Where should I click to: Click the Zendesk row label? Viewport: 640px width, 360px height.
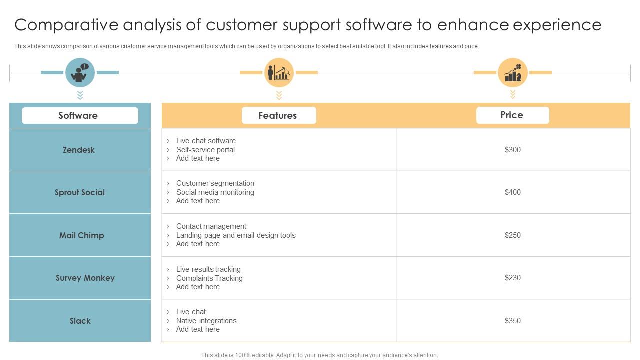pyautogui.click(x=79, y=150)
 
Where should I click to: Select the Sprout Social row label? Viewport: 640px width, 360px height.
pyautogui.click(x=80, y=192)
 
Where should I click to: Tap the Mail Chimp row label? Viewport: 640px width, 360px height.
pyautogui.click(x=82, y=235)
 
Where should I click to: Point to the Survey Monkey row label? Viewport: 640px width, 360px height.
pyautogui.click(x=85, y=278)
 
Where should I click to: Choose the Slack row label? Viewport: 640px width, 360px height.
pyautogui.click(x=80, y=321)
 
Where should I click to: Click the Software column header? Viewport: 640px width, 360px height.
pyautogui.click(x=78, y=115)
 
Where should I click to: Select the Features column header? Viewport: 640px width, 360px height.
pyautogui.click(x=278, y=115)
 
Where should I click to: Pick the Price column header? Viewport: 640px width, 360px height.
pyautogui.click(x=512, y=115)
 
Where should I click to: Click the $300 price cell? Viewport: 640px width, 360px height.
pyautogui.click(x=513, y=150)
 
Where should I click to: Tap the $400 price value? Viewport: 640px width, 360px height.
pyautogui.click(x=513, y=192)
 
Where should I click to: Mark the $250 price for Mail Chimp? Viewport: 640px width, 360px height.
pyautogui.click(x=513, y=235)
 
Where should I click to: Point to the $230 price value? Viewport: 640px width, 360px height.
pyautogui.click(x=513, y=278)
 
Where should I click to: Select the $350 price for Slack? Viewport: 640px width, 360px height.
pyautogui.click(x=513, y=321)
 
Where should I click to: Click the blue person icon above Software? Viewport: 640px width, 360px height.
pyautogui.click(x=80, y=73)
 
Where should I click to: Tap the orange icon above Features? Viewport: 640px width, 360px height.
pyautogui.click(x=279, y=73)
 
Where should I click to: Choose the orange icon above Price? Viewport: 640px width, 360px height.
pyautogui.click(x=513, y=73)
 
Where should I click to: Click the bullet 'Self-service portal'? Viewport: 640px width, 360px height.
pyautogui.click(x=205, y=150)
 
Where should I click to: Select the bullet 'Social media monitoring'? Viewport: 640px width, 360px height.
pyautogui.click(x=215, y=192)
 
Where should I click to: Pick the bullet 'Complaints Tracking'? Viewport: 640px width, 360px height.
pyautogui.click(x=209, y=278)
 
